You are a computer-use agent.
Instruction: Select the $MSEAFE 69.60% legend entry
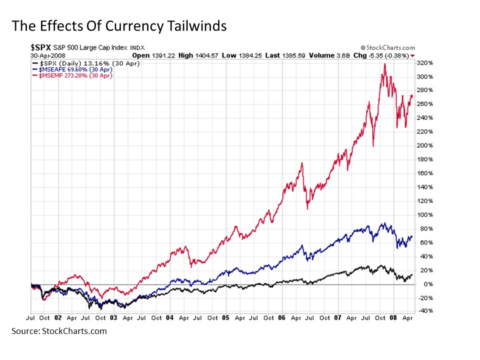coord(72,70)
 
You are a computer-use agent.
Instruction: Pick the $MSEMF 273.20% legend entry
coord(72,75)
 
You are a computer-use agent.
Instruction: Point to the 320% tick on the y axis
coord(424,63)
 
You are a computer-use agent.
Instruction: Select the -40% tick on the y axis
coord(424,310)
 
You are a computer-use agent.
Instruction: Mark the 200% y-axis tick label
coord(424,145)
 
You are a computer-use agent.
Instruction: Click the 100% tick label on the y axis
coord(424,215)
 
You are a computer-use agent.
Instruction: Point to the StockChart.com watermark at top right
coord(387,48)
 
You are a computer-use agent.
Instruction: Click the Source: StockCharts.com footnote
coord(59,331)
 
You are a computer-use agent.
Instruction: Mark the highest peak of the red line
coord(384,64)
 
